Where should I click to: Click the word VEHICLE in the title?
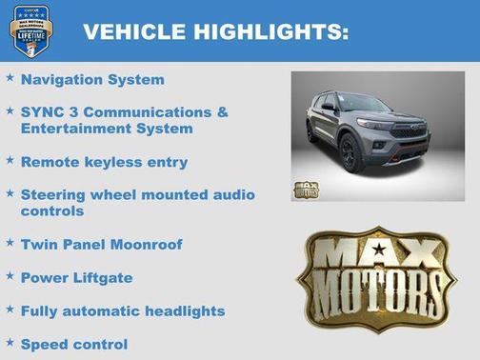tap(132, 31)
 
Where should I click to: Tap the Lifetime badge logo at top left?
tap(30, 30)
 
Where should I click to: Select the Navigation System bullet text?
tap(92, 80)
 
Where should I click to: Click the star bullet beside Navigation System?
tap(10, 78)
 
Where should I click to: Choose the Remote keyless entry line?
tap(104, 162)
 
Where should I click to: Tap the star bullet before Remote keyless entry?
tap(10, 160)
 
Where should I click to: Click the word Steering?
tap(52, 194)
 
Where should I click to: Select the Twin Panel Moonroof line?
tap(101, 244)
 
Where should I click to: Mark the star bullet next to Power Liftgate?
tap(10, 276)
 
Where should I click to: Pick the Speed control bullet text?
tap(73, 344)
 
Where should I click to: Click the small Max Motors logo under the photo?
tap(306, 189)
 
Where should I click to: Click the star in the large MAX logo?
tap(379, 251)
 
